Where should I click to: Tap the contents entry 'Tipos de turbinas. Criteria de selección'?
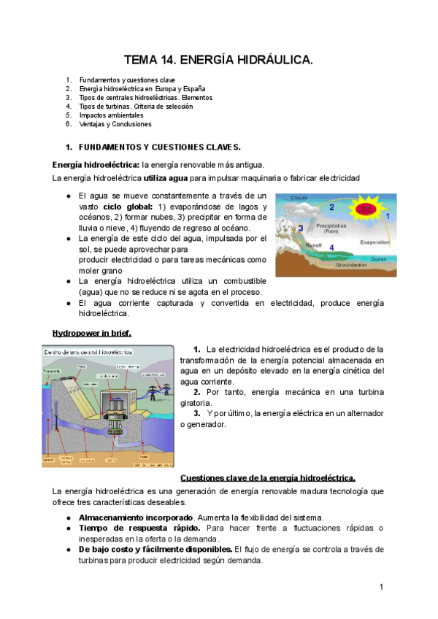(x=135, y=107)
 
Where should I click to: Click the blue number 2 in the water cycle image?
(x=331, y=207)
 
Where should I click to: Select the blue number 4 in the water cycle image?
(x=331, y=248)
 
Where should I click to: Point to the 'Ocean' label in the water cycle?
(x=378, y=258)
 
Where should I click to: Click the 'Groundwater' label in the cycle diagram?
(x=351, y=266)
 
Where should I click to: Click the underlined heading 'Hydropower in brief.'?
(x=92, y=333)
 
